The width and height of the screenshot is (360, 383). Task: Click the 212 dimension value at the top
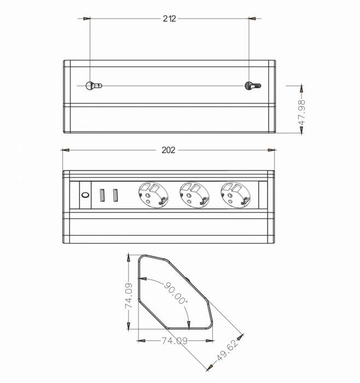point(170,19)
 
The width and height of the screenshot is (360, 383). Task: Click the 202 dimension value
point(169,150)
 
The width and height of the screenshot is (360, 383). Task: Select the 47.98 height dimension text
point(301,113)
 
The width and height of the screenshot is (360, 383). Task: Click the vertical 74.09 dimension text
point(129,295)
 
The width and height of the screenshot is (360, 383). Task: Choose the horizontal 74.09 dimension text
point(174,340)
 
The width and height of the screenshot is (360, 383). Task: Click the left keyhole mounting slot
point(93,85)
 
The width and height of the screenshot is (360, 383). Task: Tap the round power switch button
point(85,194)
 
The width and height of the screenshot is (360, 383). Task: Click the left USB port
point(102,195)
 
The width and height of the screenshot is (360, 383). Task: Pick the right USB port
point(115,195)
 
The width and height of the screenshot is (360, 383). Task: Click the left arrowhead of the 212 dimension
point(87,19)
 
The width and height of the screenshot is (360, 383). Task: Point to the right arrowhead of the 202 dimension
point(271,150)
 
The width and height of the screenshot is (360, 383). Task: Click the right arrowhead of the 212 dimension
point(252,19)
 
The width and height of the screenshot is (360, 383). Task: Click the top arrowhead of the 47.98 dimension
point(301,88)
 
